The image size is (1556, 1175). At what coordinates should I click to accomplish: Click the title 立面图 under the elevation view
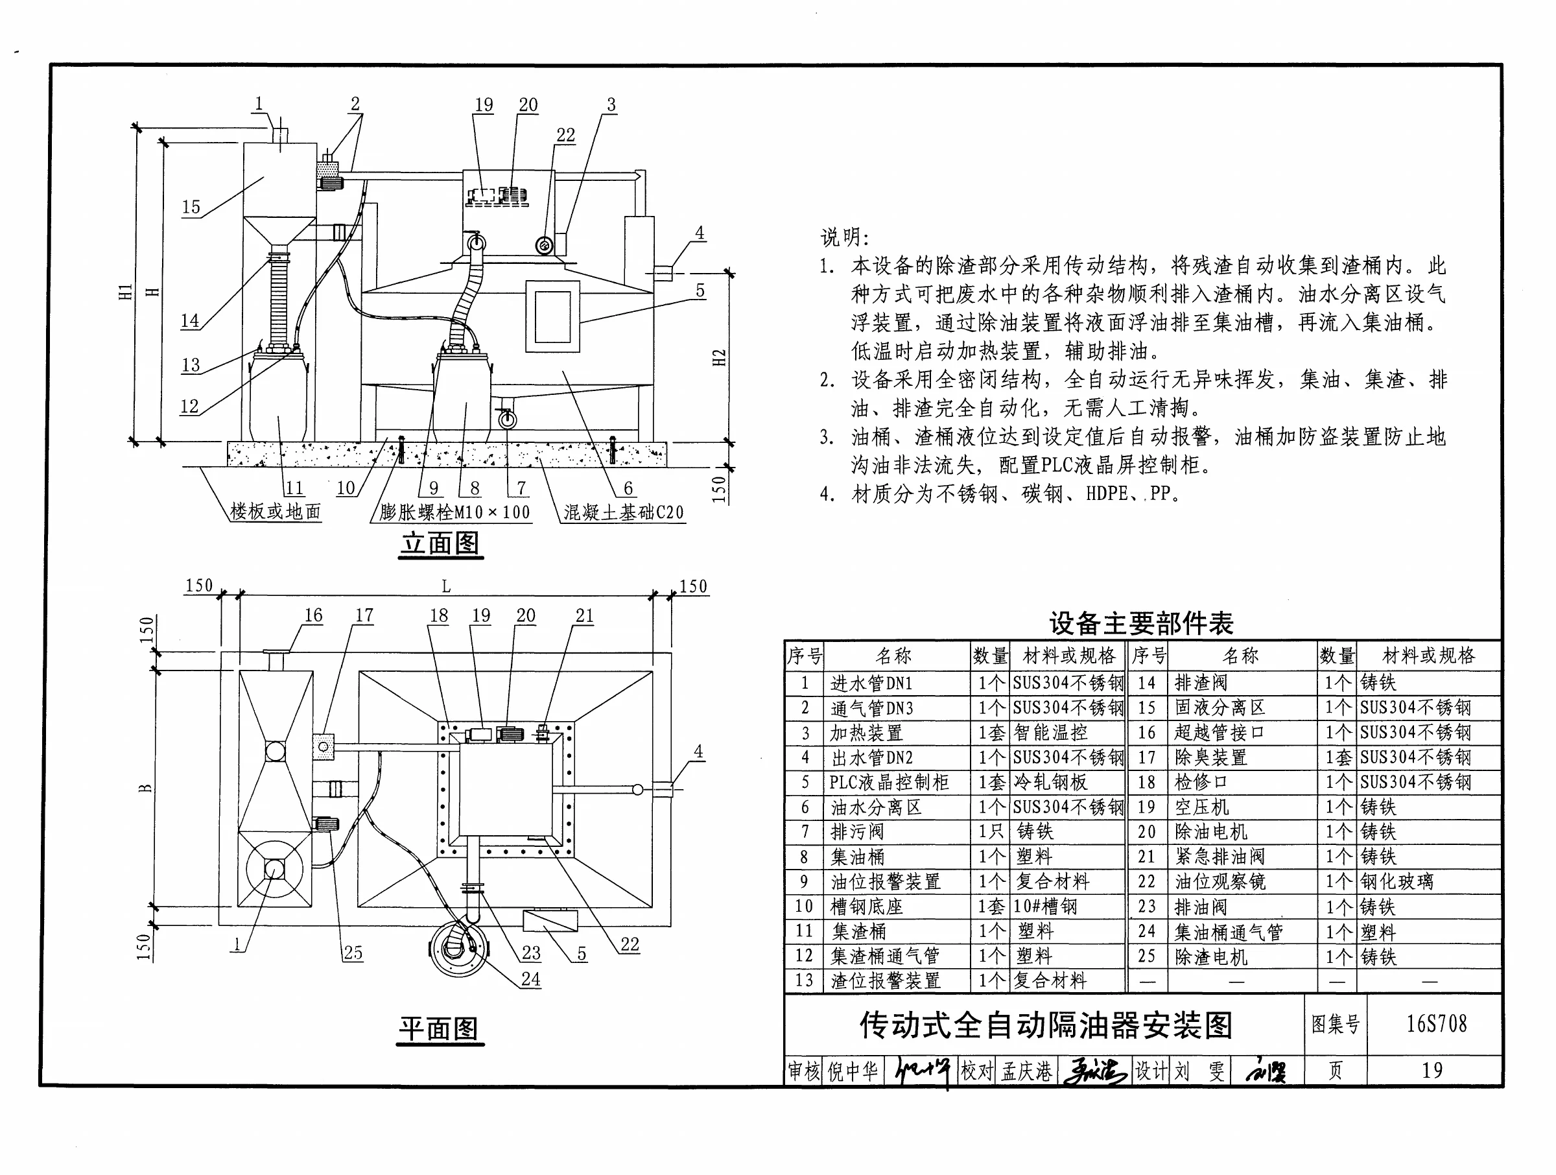(x=441, y=543)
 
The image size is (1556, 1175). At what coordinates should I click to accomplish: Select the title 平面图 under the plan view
(x=440, y=1028)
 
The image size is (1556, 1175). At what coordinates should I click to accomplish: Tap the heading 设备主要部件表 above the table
(x=1141, y=623)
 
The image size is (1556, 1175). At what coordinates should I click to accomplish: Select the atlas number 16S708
(x=1437, y=1024)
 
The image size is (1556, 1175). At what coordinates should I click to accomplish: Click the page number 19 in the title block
(x=1432, y=1070)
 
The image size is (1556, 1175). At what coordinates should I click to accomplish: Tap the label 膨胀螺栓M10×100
(x=454, y=512)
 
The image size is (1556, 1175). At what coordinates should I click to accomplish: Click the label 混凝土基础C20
(x=623, y=512)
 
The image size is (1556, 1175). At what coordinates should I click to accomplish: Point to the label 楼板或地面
(x=275, y=512)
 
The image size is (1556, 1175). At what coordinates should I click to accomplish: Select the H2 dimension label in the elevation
(x=719, y=357)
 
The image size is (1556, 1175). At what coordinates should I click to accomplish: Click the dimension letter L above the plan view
(x=446, y=586)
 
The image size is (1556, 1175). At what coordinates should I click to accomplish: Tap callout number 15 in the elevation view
(x=191, y=208)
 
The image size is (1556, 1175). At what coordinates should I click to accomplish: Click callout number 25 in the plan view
(x=353, y=953)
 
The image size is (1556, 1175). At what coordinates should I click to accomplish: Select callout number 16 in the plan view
(x=313, y=615)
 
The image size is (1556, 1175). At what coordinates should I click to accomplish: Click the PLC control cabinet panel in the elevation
(x=552, y=316)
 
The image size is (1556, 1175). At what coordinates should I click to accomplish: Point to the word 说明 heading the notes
(x=844, y=237)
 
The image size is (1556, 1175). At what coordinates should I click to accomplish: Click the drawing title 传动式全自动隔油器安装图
(x=1045, y=1025)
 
